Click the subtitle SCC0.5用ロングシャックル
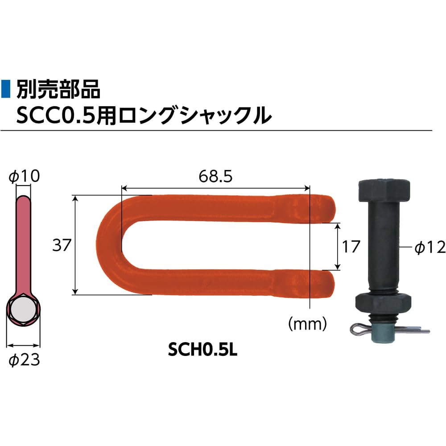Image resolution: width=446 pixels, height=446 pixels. (143, 115)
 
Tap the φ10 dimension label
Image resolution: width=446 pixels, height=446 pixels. (24, 177)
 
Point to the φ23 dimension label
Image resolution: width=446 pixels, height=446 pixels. (24, 360)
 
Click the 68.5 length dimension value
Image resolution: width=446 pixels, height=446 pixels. (215, 177)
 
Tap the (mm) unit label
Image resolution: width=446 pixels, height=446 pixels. (308, 323)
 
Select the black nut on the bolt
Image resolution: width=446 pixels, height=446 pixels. (382, 303)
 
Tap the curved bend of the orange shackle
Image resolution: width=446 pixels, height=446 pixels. (107, 245)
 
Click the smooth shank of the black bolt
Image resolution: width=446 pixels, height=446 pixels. (383, 245)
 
